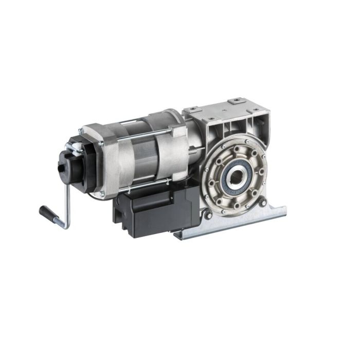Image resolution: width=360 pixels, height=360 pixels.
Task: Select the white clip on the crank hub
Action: pyautogui.click(x=75, y=146)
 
